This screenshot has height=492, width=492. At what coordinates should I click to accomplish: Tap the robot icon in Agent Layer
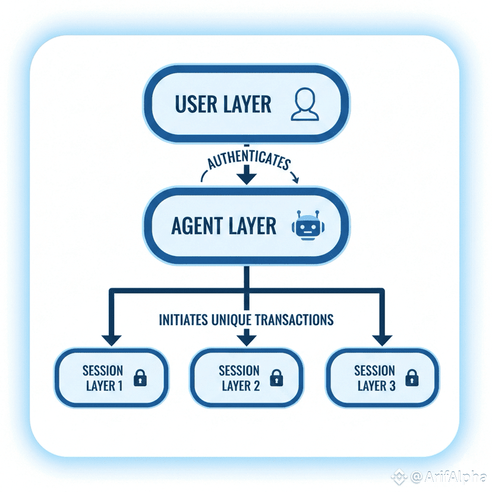(306, 226)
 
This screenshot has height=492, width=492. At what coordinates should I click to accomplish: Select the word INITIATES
(184, 320)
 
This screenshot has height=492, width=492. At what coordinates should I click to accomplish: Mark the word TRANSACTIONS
(294, 320)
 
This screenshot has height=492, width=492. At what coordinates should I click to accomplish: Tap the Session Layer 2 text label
(239, 378)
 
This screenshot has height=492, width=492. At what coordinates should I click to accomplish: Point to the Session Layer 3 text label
(375, 378)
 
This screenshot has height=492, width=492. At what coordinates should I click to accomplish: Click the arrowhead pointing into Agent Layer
(246, 176)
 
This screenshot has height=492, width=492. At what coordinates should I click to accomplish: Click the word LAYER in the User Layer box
(248, 105)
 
